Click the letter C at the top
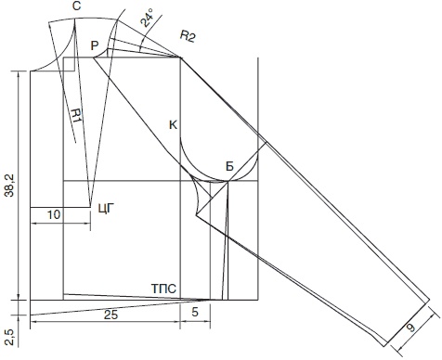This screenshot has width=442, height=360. (77, 6)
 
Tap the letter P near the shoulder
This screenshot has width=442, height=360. (95, 46)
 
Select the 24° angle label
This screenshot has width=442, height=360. (146, 18)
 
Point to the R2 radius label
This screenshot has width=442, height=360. (188, 36)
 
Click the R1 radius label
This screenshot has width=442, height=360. (75, 117)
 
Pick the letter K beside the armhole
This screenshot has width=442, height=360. (174, 125)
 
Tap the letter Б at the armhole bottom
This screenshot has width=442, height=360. (229, 167)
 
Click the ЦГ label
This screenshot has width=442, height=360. (107, 209)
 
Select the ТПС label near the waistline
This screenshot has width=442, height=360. (163, 289)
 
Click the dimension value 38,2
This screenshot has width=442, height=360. (9, 185)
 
